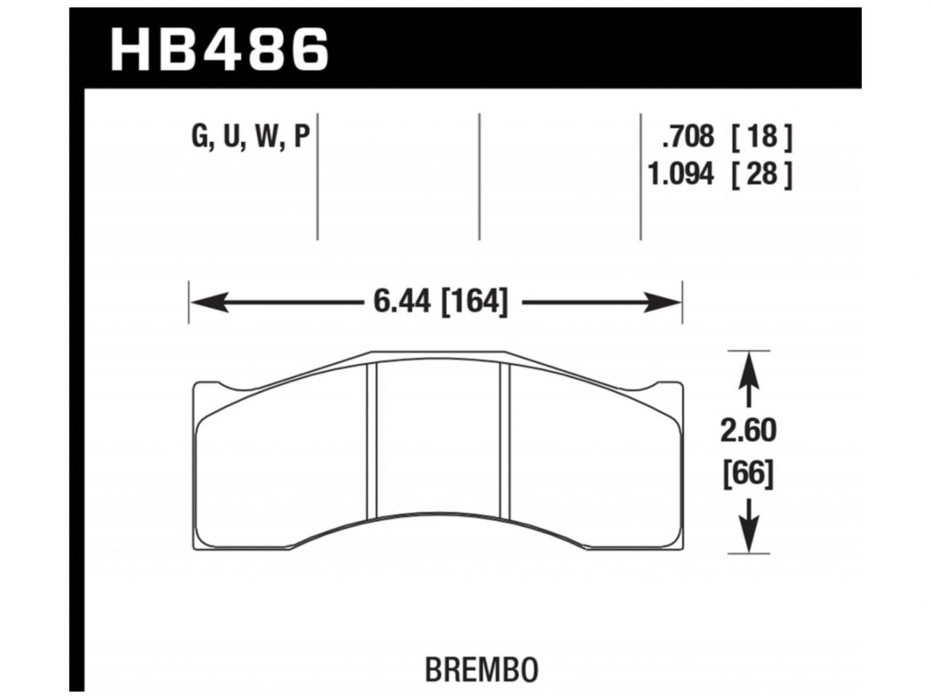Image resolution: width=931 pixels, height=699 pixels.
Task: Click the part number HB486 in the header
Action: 220,48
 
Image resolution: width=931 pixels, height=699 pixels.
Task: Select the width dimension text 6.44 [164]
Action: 440,301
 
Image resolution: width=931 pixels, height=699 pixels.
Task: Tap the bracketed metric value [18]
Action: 760,137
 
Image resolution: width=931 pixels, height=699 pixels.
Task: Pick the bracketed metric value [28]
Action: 760,175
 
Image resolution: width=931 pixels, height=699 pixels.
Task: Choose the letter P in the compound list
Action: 301,137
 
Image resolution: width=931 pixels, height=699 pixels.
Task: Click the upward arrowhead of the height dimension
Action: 750,368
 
